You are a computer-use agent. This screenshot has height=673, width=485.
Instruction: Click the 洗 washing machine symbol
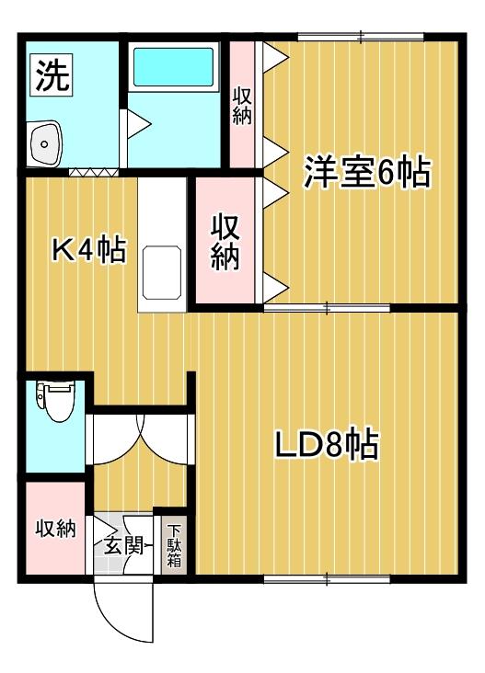pyautogui.click(x=52, y=74)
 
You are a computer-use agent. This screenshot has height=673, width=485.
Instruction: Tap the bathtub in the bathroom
pyautogui.click(x=173, y=67)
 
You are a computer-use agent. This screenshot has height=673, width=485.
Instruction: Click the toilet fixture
pyautogui.click(x=54, y=400)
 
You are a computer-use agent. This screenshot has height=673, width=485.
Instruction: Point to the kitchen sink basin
pyautogui.click(x=162, y=272)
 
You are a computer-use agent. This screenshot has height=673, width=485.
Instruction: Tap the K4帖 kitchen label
pyautogui.click(x=89, y=250)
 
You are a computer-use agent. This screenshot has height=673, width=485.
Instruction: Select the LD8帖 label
pyautogui.click(x=327, y=443)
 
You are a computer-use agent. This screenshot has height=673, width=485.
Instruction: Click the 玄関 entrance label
pyautogui.click(x=123, y=546)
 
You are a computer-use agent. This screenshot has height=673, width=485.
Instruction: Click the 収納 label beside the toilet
pyautogui.click(x=56, y=529)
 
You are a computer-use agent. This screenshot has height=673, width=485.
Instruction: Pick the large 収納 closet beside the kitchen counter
pyautogui.click(x=225, y=242)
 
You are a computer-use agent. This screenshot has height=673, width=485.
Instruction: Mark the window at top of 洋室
pyautogui.click(x=361, y=37)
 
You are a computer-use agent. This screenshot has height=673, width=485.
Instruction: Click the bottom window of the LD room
pyautogui.click(x=327, y=579)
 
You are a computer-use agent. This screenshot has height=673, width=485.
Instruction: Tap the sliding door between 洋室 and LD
pyautogui.click(x=327, y=308)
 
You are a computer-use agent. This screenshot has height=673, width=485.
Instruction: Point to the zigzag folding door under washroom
pyautogui.click(x=94, y=173)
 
